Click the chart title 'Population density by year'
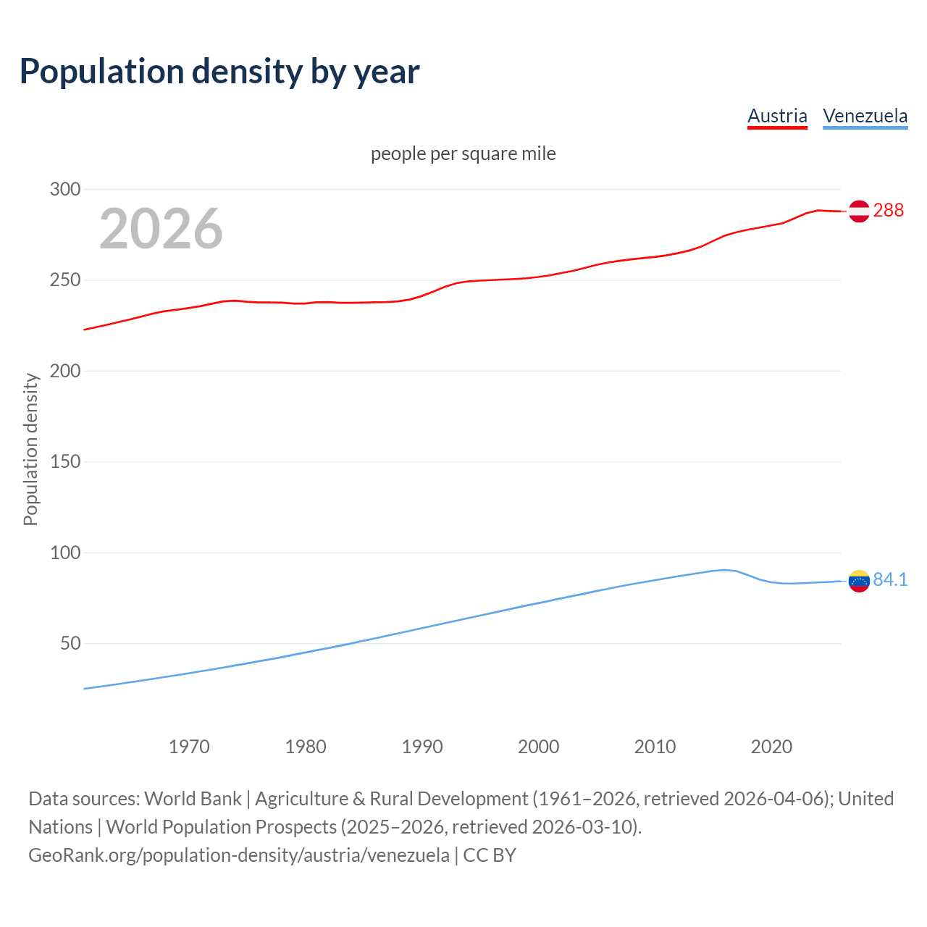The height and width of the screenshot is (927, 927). [x=219, y=72]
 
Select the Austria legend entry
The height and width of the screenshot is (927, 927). [x=777, y=116]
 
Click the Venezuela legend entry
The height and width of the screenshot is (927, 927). [x=865, y=116]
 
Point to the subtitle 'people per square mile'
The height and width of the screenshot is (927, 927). [x=463, y=154]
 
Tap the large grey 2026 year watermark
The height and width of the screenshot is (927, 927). [x=161, y=229]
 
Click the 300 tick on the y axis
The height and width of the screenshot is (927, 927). [x=64, y=190]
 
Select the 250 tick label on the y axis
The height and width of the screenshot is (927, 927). [x=64, y=280]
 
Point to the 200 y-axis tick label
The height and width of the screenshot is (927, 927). [x=64, y=371]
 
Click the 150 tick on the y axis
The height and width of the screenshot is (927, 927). [x=64, y=462]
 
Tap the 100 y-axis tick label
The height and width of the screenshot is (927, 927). [x=64, y=553]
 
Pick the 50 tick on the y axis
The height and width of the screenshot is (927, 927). [x=70, y=643]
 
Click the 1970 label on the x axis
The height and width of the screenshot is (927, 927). [x=189, y=747]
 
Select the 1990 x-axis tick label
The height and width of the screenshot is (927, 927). [x=422, y=747]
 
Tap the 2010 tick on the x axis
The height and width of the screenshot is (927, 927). [x=655, y=747]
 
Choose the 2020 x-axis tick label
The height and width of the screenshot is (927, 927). [x=771, y=747]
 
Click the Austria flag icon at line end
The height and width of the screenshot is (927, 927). [x=859, y=211]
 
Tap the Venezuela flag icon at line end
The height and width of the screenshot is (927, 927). [x=859, y=581]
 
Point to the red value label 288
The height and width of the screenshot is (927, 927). [x=889, y=211]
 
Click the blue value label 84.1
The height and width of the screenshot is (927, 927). [x=890, y=580]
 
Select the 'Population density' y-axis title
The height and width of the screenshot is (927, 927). [x=30, y=449]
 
